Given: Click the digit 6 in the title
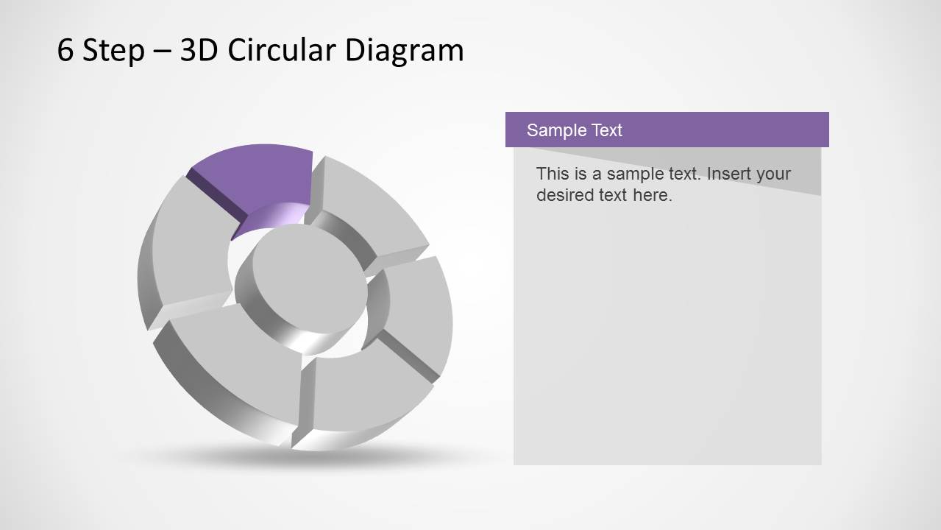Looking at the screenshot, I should (x=65, y=51).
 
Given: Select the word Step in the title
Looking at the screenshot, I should (x=113, y=51).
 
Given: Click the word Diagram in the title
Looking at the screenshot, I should (x=405, y=51).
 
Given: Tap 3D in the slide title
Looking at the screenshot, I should (x=199, y=51).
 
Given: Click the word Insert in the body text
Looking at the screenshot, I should (x=730, y=174).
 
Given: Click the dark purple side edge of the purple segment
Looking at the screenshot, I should (x=217, y=197).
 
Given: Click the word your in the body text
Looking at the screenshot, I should (x=774, y=174).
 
